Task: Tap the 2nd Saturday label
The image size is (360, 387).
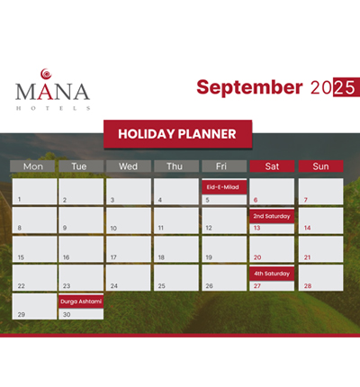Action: click(x=272, y=216)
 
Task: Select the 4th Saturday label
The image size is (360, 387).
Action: click(x=272, y=274)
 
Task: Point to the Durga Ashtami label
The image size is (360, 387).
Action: click(x=81, y=301)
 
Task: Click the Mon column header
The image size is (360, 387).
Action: click(x=32, y=166)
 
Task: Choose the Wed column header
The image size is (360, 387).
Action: click(x=129, y=166)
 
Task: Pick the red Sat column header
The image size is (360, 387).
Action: click(x=272, y=166)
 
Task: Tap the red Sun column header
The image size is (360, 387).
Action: click(x=320, y=166)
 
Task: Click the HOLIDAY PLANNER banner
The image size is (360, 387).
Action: click(x=177, y=134)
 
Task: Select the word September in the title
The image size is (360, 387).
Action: click(x=249, y=87)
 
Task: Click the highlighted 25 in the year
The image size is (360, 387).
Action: click(x=346, y=87)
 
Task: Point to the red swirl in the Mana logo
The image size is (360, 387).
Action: click(x=46, y=74)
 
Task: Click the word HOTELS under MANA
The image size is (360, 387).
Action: click(x=53, y=108)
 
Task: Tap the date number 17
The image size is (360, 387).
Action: click(x=113, y=257)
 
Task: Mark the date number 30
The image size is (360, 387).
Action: click(x=67, y=314)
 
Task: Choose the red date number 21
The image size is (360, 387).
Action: click(x=307, y=257)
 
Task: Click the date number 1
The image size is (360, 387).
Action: click(x=19, y=199)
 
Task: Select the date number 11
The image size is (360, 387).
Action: click(x=161, y=228)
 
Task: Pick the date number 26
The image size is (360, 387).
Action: click(x=209, y=286)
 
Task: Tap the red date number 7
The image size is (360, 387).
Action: click(x=306, y=200)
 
